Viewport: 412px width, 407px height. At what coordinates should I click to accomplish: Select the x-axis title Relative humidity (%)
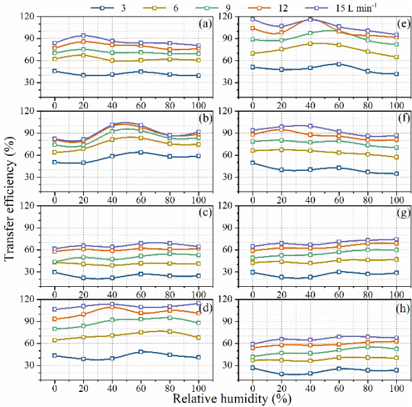pyautogui.click(x=227, y=398)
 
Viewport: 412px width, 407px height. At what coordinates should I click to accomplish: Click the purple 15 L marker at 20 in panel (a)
pyautogui.click(x=83, y=35)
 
